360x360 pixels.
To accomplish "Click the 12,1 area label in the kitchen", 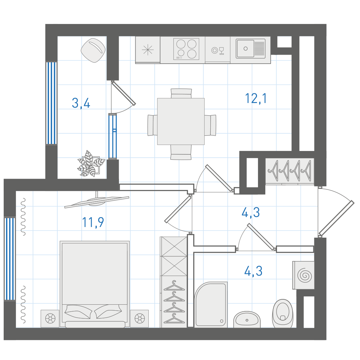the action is coord(256,98).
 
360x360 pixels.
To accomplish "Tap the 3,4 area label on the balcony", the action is coord(81,103).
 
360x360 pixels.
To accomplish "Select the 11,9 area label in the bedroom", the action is coord(93,222).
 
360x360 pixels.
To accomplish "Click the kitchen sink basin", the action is coord(245,49).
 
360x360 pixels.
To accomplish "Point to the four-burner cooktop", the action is coord(186,49).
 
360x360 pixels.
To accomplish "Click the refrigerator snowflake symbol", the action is coord(147,50).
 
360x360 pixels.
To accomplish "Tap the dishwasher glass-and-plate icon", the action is coord(218,50).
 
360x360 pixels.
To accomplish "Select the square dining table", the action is coord(181,121).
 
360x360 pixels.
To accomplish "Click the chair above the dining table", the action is coord(181,93).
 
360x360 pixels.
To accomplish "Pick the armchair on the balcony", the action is coord(93,50).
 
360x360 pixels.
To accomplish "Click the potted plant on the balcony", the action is coord(91,164).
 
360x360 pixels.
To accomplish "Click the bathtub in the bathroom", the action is coord(211,304).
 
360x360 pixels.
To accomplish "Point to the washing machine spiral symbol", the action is coord(305,275).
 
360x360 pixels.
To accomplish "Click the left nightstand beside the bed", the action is coord(50,318).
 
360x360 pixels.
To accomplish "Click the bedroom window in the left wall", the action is coord(10,259).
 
